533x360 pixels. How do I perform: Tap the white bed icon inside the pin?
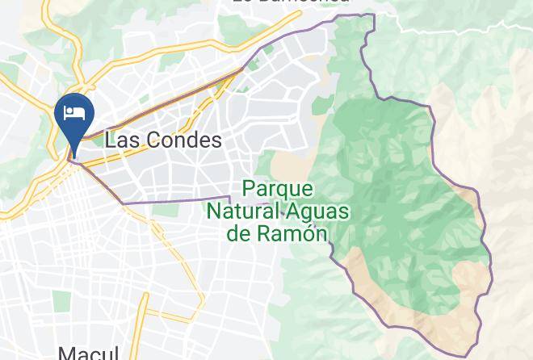74,111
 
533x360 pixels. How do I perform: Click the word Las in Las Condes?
120,140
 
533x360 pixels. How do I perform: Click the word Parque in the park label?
277,189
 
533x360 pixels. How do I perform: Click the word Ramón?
300,234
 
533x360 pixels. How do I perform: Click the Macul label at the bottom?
88,353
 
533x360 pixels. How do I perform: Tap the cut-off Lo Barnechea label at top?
291,2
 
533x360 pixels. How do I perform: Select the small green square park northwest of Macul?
62,300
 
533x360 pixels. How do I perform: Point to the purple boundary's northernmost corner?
373,15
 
